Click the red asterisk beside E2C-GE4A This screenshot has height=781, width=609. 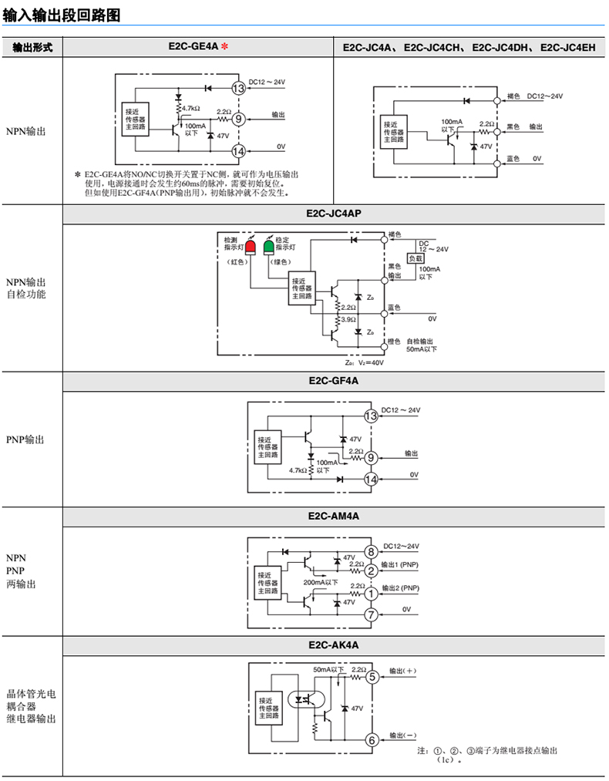click(224, 47)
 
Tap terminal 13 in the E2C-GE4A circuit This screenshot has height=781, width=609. click(239, 88)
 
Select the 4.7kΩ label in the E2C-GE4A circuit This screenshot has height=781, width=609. click(191, 108)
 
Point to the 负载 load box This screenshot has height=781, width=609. click(416, 258)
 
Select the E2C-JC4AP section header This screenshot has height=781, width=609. click(334, 214)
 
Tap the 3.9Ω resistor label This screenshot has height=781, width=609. click(348, 318)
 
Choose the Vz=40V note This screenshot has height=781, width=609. click(365, 362)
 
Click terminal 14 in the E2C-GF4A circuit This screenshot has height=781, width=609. click(371, 480)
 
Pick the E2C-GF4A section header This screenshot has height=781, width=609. click(334, 381)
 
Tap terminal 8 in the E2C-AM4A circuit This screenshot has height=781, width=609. click(371, 551)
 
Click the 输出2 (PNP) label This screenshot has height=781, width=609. click(400, 588)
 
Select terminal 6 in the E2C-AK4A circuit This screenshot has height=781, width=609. click(372, 740)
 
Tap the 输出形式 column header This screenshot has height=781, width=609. click(32, 47)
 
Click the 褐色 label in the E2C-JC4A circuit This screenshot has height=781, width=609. click(513, 96)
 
